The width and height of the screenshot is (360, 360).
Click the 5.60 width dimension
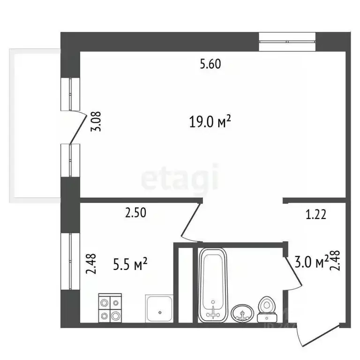(210, 65)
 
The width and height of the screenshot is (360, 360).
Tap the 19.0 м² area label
(210, 122)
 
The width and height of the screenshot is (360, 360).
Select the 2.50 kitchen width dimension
(135, 213)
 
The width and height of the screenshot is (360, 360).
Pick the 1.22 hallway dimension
(315, 215)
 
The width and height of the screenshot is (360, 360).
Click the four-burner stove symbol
(110, 308)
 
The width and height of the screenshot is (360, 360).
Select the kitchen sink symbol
(159, 309)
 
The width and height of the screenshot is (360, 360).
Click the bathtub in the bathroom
(212, 285)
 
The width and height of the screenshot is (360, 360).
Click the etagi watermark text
(180, 177)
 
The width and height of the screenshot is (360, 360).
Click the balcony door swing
(76, 126)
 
